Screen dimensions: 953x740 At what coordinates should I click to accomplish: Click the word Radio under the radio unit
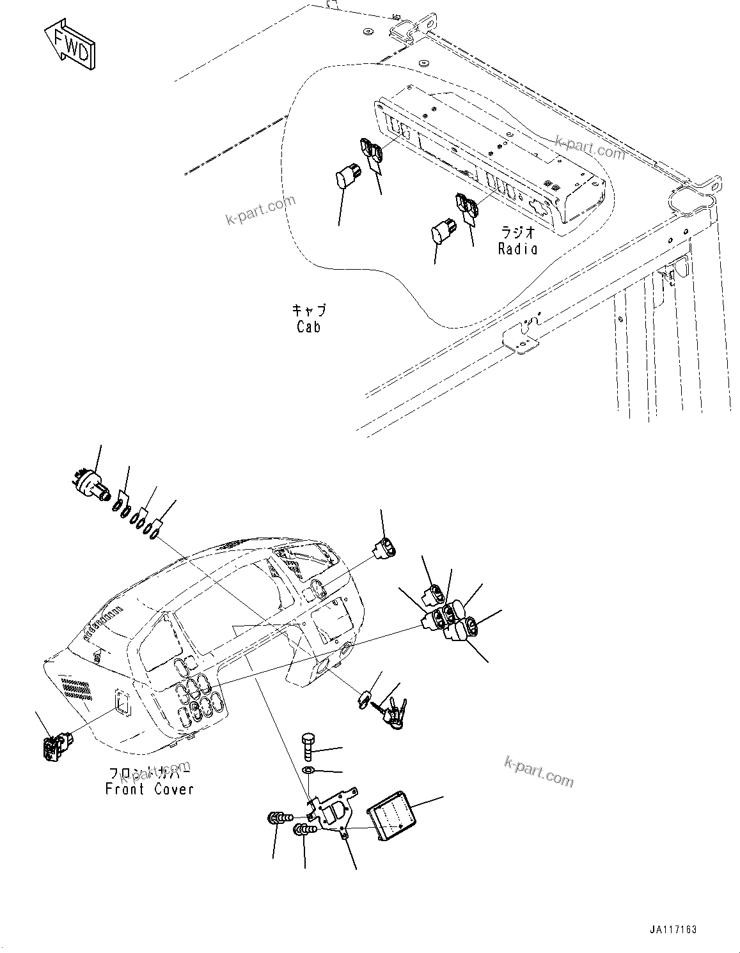click(517, 249)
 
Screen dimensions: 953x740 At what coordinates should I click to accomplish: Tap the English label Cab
click(308, 327)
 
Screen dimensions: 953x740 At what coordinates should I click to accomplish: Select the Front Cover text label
click(149, 789)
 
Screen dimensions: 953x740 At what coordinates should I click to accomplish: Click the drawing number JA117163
click(671, 929)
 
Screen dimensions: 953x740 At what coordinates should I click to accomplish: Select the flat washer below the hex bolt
click(307, 768)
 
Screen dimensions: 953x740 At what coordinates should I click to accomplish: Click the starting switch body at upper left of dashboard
click(90, 483)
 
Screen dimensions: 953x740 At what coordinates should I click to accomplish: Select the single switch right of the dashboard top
click(384, 548)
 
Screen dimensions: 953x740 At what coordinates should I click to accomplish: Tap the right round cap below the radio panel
click(443, 232)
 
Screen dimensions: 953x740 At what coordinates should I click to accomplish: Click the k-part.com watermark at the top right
click(590, 147)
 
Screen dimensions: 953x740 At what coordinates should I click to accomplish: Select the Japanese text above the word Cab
click(309, 311)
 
